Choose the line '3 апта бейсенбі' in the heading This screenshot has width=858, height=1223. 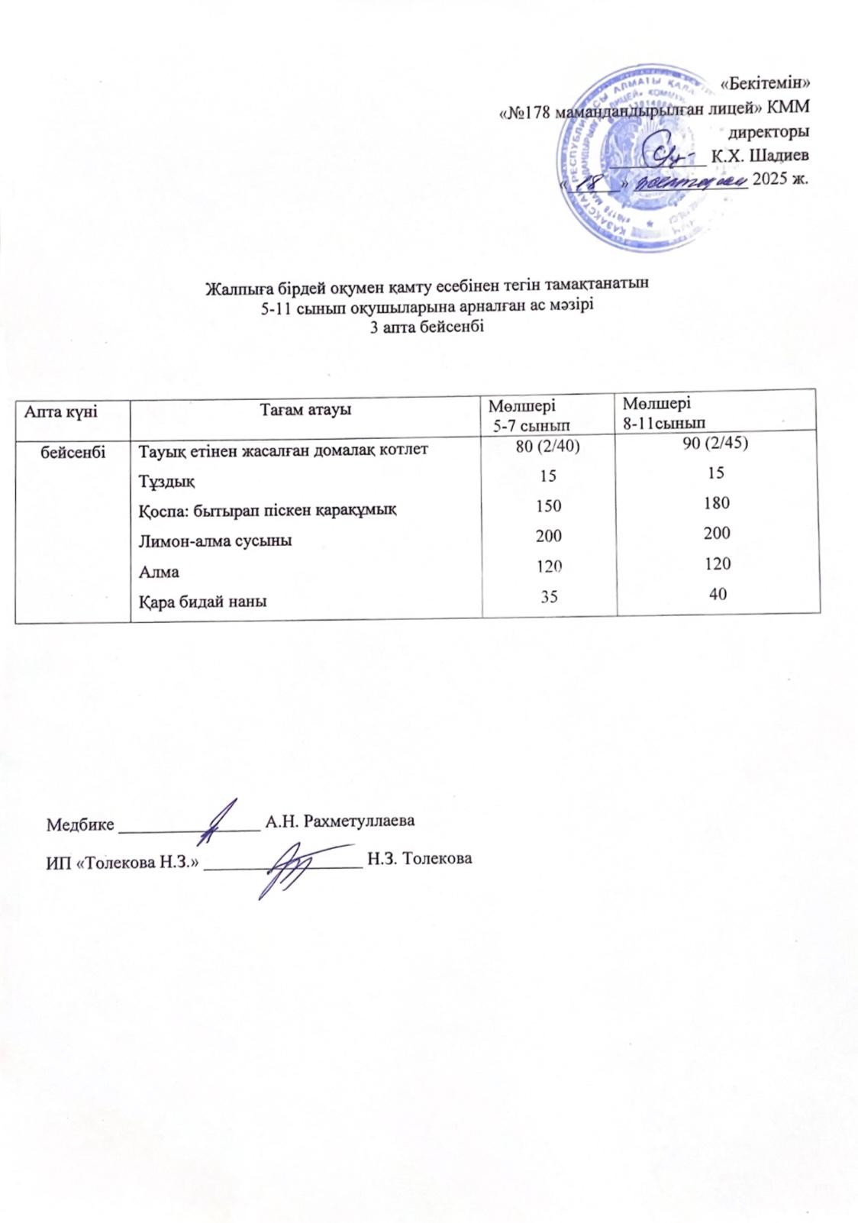point(427,326)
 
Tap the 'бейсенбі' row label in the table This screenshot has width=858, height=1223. point(73,450)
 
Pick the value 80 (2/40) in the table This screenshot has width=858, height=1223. point(549,446)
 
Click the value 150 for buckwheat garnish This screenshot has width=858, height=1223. point(549,505)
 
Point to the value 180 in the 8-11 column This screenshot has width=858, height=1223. point(716,503)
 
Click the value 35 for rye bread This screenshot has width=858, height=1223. point(549,596)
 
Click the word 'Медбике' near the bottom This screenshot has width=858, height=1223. point(80,824)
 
